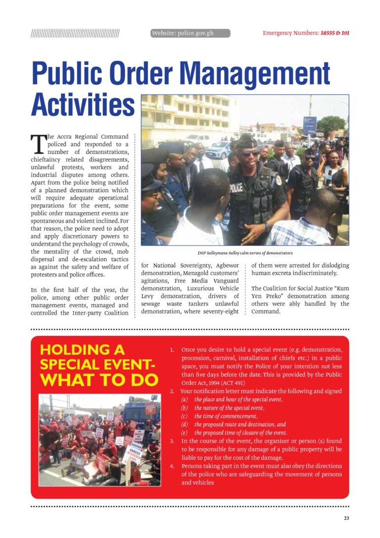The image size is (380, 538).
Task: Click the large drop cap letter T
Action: (38, 144)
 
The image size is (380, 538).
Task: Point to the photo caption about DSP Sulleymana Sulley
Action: (245, 253)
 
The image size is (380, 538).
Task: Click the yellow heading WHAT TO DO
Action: (99, 380)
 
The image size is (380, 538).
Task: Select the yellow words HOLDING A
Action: (82, 349)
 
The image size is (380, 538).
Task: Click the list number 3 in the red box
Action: (172, 441)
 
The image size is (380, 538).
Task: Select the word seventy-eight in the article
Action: (222, 312)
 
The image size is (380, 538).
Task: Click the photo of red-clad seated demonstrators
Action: (99, 440)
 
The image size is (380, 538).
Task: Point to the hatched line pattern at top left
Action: (75, 34)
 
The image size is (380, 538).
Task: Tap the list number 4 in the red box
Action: (172, 466)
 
